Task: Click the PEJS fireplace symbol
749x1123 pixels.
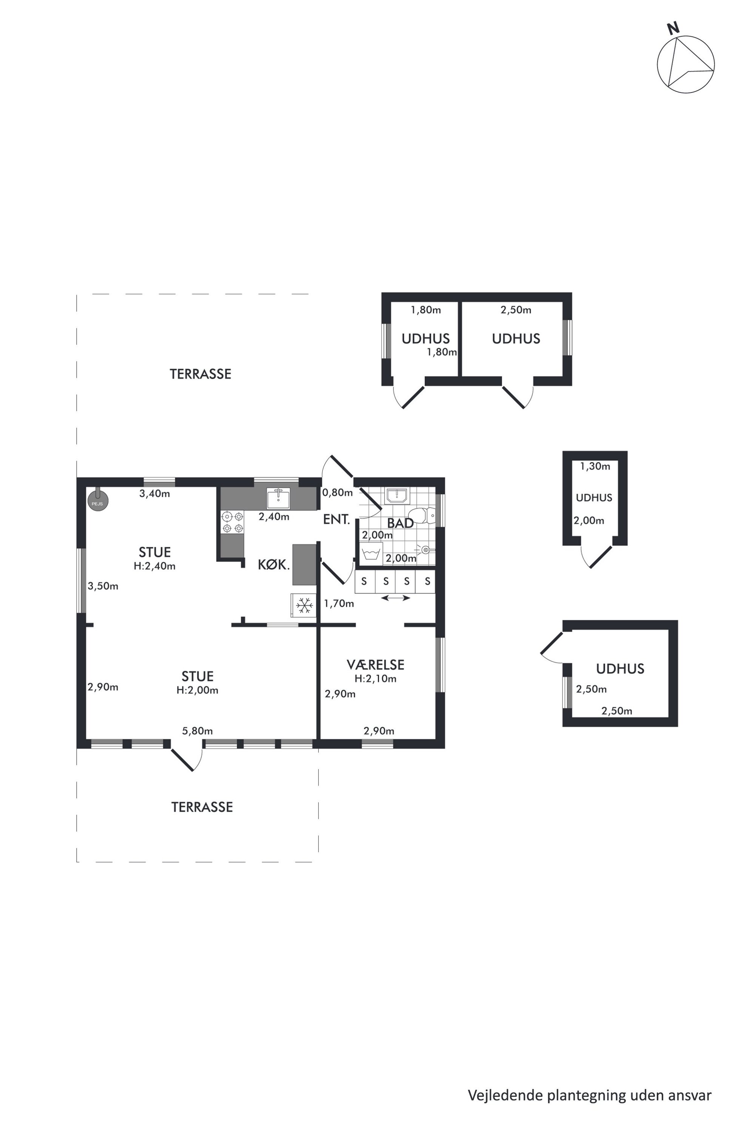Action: pos(97,500)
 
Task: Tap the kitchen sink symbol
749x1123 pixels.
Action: pos(278,498)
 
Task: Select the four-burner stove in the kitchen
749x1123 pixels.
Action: pos(233,522)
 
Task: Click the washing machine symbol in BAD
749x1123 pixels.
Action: pos(371,554)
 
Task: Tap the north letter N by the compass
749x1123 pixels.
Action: pos(673,29)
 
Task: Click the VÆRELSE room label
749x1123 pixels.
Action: pos(376,664)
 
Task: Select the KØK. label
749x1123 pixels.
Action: pos(274,565)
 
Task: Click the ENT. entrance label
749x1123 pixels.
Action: pos(337,520)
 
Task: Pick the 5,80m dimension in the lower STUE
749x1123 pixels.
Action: pos(197,731)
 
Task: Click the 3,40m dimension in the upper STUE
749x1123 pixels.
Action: pos(154,493)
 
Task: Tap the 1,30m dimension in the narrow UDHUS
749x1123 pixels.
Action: pos(595,466)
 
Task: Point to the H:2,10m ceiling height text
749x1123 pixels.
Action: pos(376,678)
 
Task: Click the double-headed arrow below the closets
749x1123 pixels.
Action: pos(396,598)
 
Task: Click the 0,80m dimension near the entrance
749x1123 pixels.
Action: pos(337,492)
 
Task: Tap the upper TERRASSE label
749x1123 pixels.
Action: pos(200,374)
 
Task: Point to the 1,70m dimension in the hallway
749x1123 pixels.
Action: pos(339,603)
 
